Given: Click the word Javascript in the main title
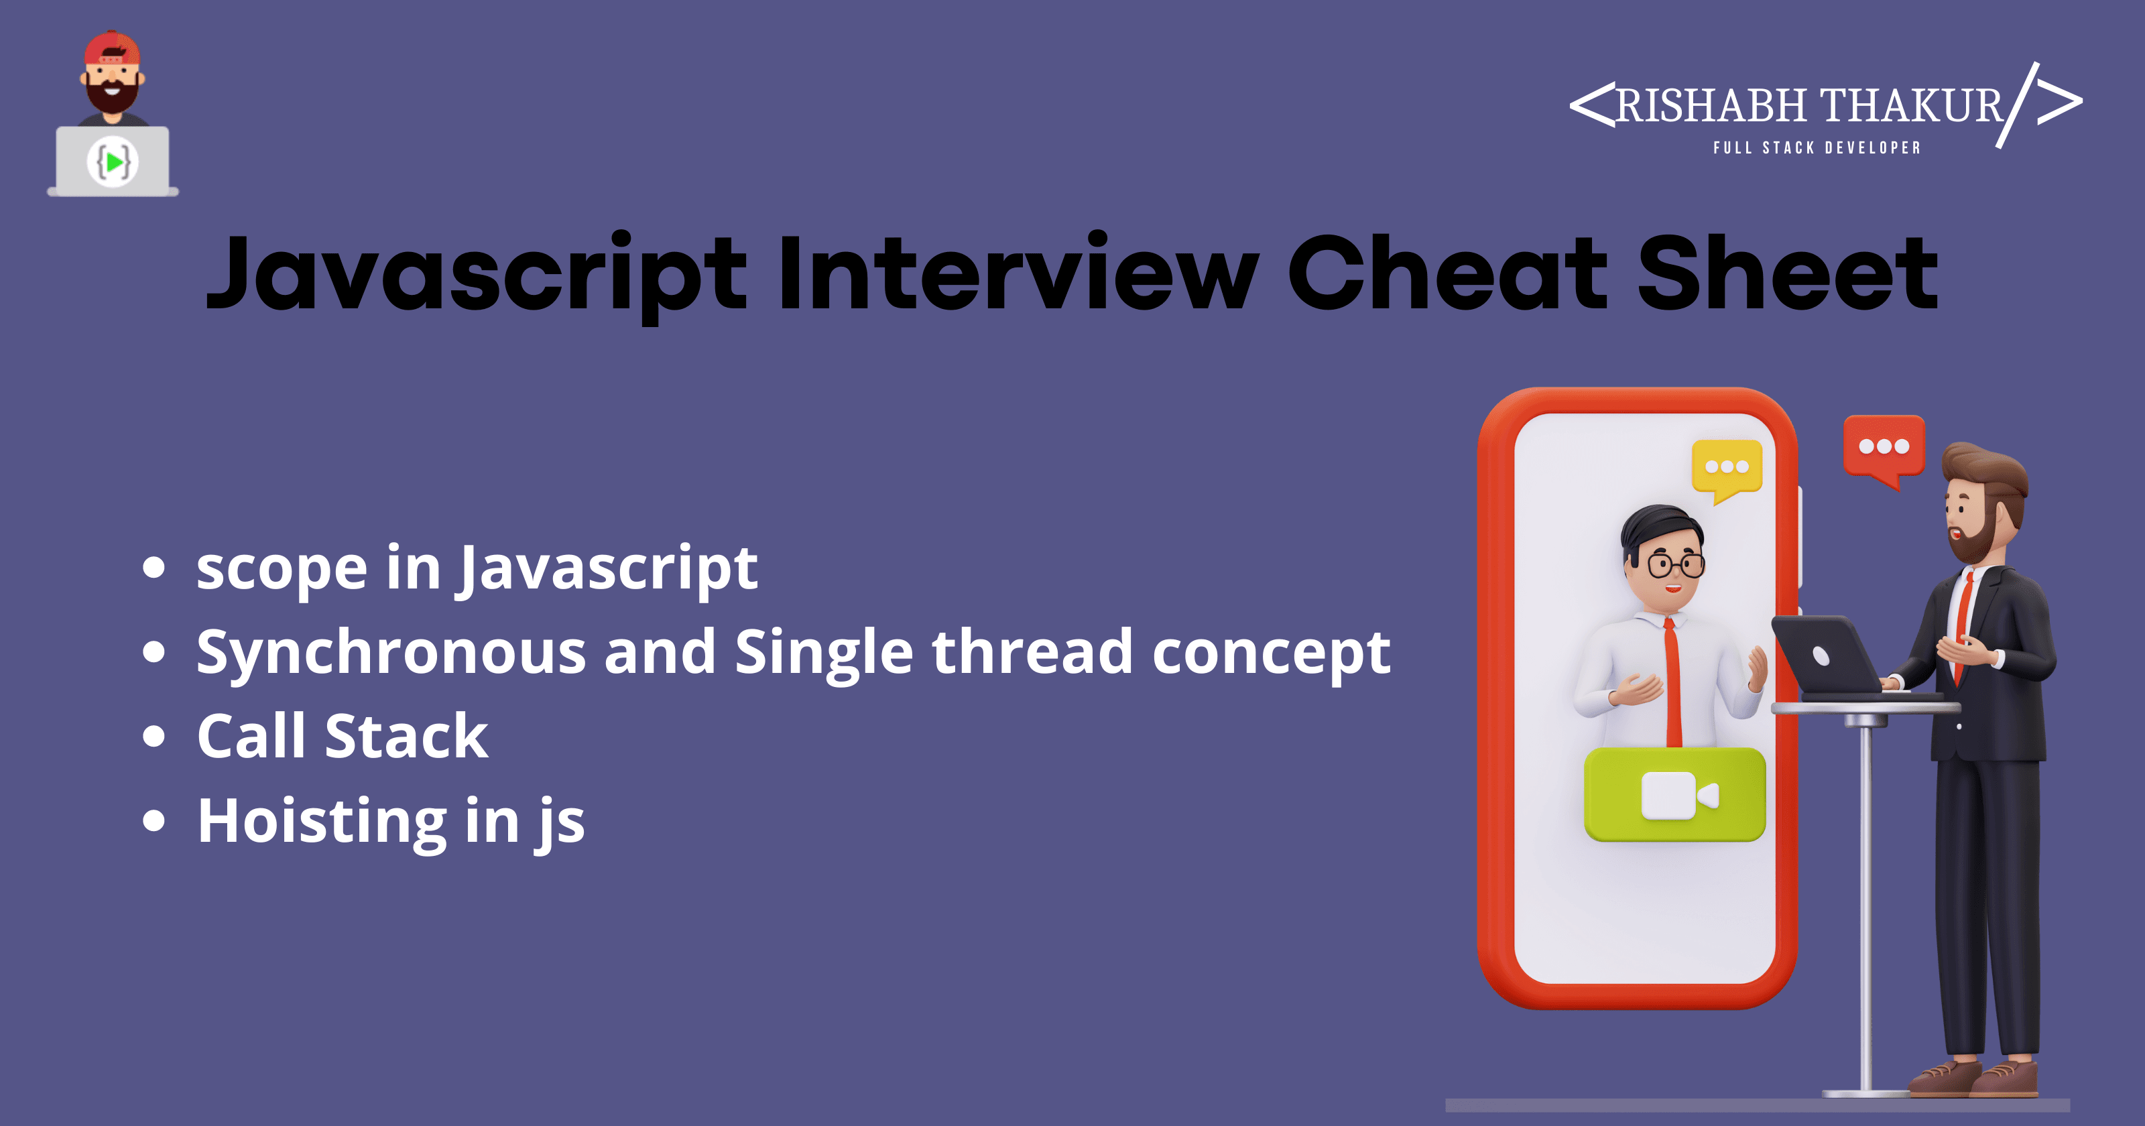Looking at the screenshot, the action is click(477, 275).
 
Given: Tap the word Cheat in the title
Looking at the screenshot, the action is click(1447, 271).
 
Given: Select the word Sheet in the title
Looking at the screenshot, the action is click(1788, 271).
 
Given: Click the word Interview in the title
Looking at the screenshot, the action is click(1018, 271).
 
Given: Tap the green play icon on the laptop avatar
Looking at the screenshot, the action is click(114, 161).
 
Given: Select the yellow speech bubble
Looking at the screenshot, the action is click(1727, 470).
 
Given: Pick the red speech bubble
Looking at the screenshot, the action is click(1884, 450).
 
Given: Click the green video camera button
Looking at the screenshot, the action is click(1674, 794).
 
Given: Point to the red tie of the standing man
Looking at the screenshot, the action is click(1963, 625).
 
